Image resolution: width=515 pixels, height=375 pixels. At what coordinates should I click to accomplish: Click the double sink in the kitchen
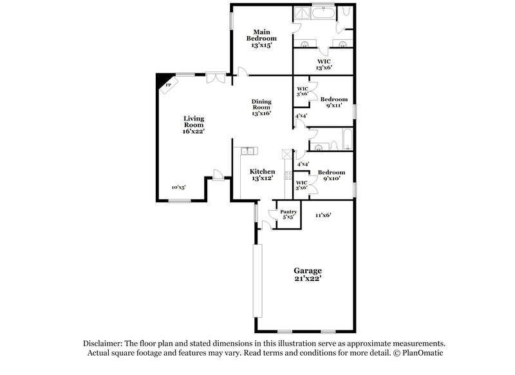pos(248,152)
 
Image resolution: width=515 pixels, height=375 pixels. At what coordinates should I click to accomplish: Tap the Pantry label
pos(288,211)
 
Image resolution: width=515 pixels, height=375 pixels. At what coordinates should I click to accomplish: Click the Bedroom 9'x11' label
pos(333,102)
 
